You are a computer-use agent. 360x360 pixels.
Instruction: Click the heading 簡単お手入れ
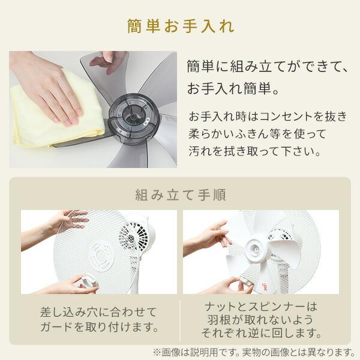pos(180,26)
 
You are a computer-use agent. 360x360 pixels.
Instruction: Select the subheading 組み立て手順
pos(179,195)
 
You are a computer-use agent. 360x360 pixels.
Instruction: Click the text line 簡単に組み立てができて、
pos(268,65)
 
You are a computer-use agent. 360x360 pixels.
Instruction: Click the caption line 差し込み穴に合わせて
pos(99,312)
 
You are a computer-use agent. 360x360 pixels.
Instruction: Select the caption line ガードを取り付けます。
pos(99,328)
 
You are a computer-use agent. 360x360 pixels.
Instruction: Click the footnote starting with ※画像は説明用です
pos(255,351)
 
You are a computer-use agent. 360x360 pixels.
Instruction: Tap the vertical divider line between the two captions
pos(181,321)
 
